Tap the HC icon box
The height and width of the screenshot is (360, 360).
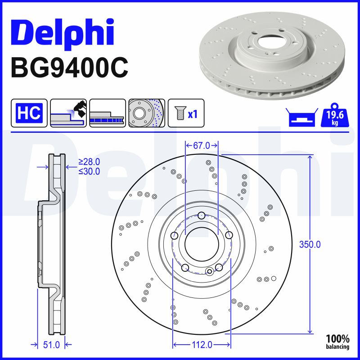pyautogui.click(x=29, y=113)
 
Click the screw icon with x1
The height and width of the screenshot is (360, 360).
pyautogui.click(x=186, y=113)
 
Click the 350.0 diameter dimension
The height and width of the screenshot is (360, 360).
pyautogui.click(x=310, y=245)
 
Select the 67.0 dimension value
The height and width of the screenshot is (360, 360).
pyautogui.click(x=202, y=145)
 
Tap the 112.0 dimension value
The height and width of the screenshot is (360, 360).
pyautogui.click(x=201, y=345)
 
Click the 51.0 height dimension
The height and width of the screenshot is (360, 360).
pyautogui.click(x=51, y=345)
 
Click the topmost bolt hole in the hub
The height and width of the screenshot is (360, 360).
pyautogui.click(x=202, y=215)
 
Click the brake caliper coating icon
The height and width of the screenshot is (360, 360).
pyautogui.click(x=68, y=113)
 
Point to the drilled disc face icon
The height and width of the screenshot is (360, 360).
pyautogui.click(x=146, y=113)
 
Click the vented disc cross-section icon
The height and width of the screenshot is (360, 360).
pyautogui.click(x=107, y=113)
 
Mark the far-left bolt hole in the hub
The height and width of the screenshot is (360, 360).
pyautogui.click(x=175, y=235)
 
